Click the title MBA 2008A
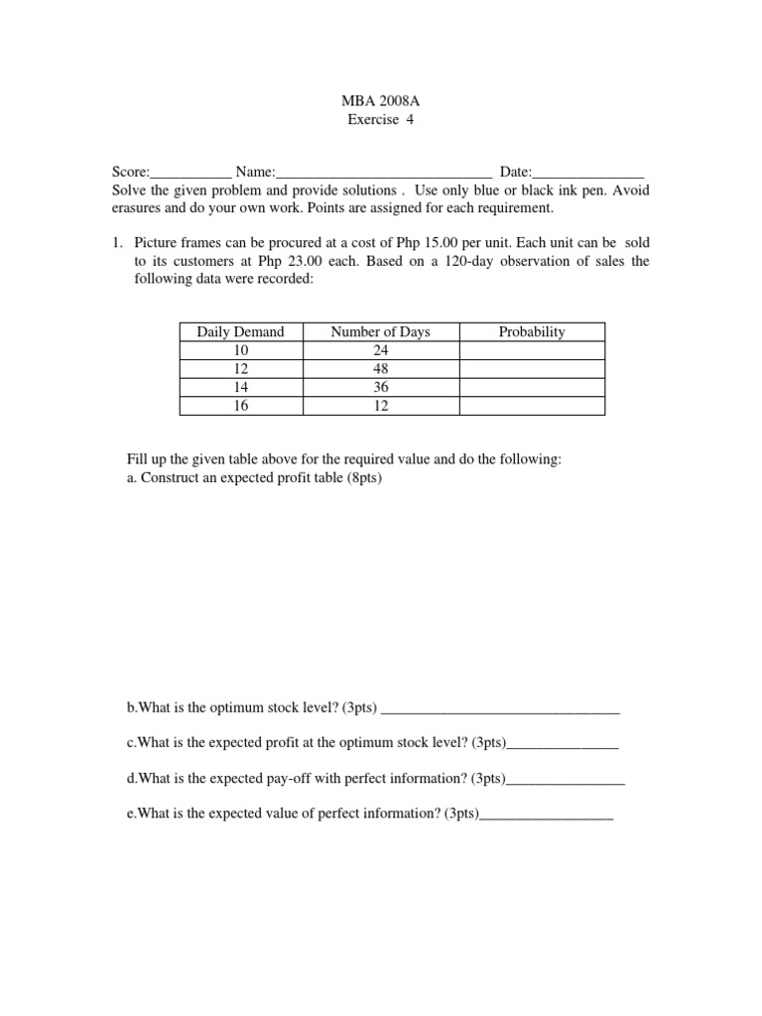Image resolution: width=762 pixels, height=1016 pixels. pyautogui.click(x=380, y=101)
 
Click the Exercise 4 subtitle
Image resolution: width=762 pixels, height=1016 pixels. pyautogui.click(x=380, y=120)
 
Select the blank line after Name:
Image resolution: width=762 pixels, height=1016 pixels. pyautogui.click(x=384, y=172)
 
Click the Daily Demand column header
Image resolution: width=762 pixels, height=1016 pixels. pyautogui.click(x=240, y=332)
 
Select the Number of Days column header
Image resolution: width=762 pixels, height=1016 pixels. pyautogui.click(x=380, y=332)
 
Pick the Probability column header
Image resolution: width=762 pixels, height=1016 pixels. pyautogui.click(x=532, y=332)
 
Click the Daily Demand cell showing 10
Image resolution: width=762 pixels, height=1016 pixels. pyautogui.click(x=240, y=350)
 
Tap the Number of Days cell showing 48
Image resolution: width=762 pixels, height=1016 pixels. pyautogui.click(x=380, y=369)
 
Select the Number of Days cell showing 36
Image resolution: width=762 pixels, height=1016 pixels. pyautogui.click(x=380, y=388)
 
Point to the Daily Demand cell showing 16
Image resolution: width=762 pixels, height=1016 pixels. pyautogui.click(x=240, y=406)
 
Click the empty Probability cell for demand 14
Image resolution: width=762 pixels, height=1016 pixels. pyautogui.click(x=532, y=388)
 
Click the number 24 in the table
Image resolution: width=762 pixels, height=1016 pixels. pyautogui.click(x=380, y=350)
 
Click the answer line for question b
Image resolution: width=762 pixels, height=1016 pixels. pyautogui.click(x=500, y=709)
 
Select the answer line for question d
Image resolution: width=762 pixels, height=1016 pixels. pyautogui.click(x=566, y=781)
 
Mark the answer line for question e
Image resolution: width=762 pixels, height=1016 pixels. pyautogui.click(x=546, y=816)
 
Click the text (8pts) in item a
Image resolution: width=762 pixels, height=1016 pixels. pyautogui.click(x=364, y=478)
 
